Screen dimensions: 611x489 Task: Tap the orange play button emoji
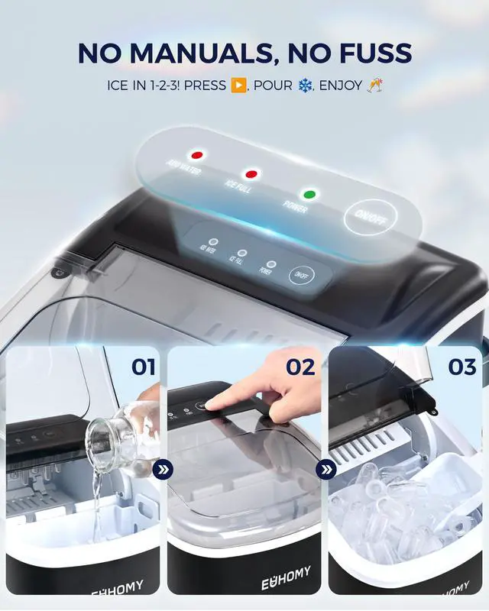click(238, 84)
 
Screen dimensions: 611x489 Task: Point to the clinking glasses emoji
click(374, 84)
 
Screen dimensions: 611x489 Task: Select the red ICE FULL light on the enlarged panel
click(250, 174)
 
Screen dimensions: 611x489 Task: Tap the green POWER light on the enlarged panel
click(309, 194)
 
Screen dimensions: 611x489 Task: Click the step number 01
click(143, 367)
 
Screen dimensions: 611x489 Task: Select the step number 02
click(300, 367)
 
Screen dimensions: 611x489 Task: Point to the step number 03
click(461, 367)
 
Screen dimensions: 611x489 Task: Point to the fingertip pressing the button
click(212, 405)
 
